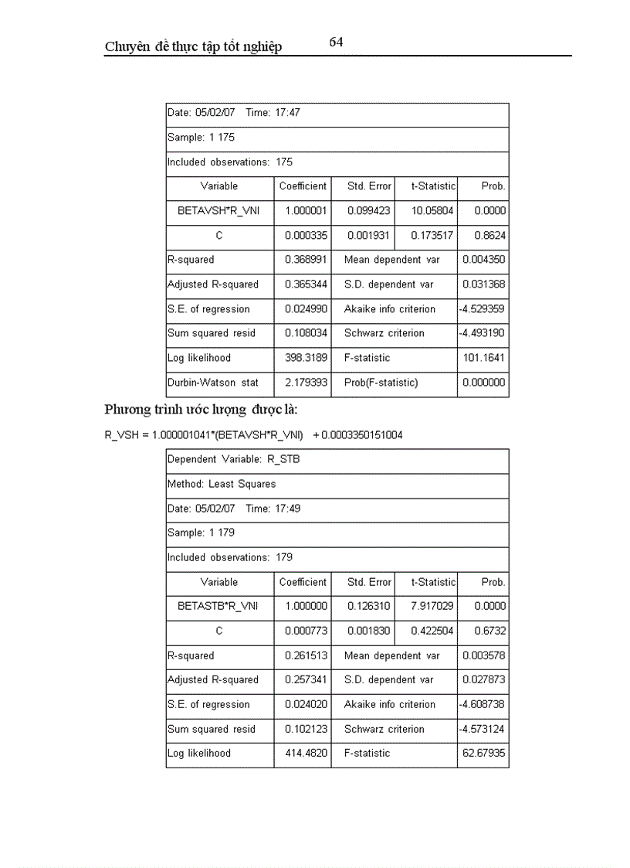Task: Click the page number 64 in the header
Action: pyautogui.click(x=336, y=43)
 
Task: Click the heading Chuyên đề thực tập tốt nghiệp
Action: pyautogui.click(x=193, y=47)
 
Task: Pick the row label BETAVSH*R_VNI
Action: pyautogui.click(x=218, y=210)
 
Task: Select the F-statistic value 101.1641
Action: pyautogui.click(x=484, y=358)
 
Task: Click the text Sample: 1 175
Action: pyautogui.click(x=201, y=138)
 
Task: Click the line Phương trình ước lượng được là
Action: pyautogui.click(x=205, y=410)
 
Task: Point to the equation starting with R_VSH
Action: pyautogui.click(x=253, y=435)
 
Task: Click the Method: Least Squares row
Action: pyautogui.click(x=222, y=484)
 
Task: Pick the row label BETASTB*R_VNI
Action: pyautogui.click(x=218, y=607)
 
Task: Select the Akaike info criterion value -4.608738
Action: pyautogui.click(x=483, y=704)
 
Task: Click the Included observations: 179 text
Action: pyautogui.click(x=230, y=557)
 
